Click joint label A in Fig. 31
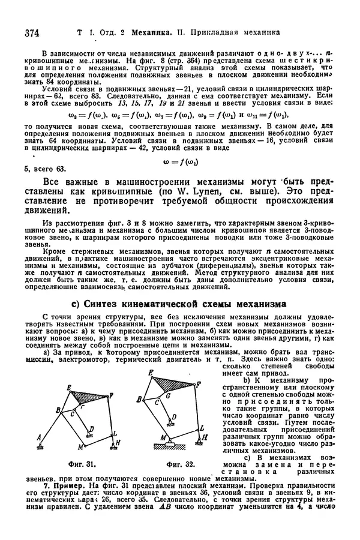coord(39,437)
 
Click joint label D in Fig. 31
coord(92,428)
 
